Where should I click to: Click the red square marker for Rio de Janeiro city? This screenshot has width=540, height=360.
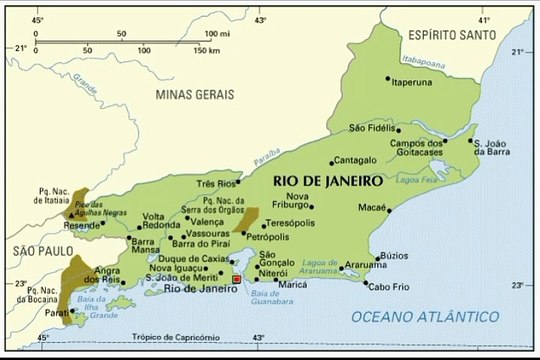(x=236, y=280)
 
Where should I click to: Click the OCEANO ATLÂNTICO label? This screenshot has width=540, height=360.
(x=425, y=316)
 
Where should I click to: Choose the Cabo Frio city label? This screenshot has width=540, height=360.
(x=389, y=287)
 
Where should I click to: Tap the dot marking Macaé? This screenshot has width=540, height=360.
(x=389, y=210)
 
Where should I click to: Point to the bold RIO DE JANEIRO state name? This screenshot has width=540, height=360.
(x=327, y=181)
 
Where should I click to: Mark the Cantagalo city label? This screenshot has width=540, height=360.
(x=354, y=160)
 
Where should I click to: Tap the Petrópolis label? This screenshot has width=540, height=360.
(x=267, y=237)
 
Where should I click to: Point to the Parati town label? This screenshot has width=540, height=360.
(x=59, y=310)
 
